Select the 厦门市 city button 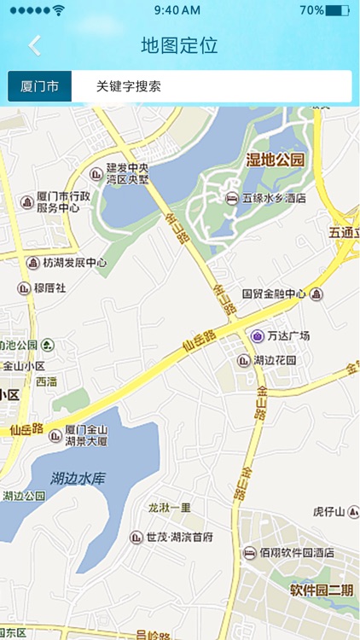point(39,86)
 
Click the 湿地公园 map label point(275,160)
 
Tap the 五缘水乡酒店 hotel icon point(231,198)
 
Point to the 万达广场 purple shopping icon point(257,335)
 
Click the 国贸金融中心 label point(274,294)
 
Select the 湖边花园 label point(274,360)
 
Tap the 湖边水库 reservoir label point(76,478)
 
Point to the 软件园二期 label point(320,590)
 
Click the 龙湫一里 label point(170,507)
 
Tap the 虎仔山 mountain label point(328,512)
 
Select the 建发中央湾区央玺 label point(127,173)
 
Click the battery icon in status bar point(338,10)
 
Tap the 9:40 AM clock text point(178,10)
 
